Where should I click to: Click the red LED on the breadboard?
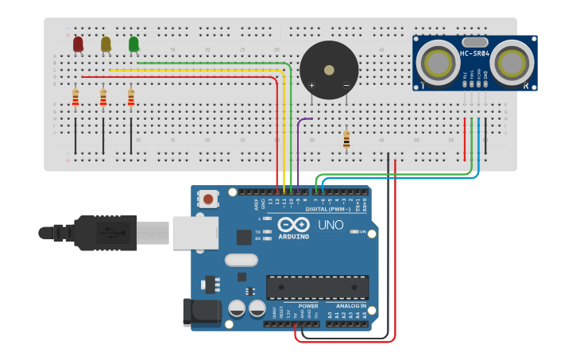coord(78,45)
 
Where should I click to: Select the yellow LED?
coord(106,45)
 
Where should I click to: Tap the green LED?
coord(133,45)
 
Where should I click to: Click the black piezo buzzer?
coord(328,71)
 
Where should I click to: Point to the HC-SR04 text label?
coord(474,54)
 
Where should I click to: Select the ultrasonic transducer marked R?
coord(511,62)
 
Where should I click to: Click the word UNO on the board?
coord(331,225)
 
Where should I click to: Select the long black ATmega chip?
coord(317,287)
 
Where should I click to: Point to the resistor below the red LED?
coord(75,98)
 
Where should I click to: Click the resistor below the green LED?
coord(131,98)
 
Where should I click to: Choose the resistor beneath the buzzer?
coord(346,140)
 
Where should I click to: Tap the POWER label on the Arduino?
coord(308,306)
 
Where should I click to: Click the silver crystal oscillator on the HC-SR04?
coord(474,42)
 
